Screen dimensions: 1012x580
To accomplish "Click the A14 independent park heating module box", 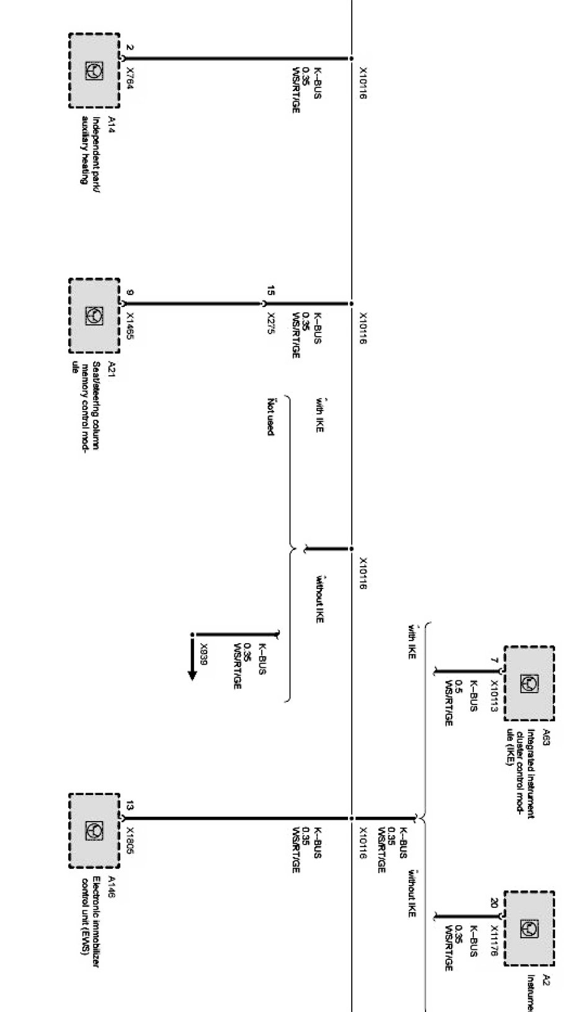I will [x=94, y=71].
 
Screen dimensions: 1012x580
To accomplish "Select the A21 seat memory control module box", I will [x=94, y=316].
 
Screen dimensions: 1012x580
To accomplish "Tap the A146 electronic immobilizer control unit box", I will [x=94, y=830].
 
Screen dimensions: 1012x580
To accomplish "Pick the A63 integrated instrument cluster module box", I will [x=529, y=683].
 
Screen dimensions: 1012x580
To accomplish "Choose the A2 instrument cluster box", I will [x=529, y=928].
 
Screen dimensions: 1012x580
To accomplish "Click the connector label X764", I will [x=130, y=79].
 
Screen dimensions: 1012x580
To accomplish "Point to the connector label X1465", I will [x=130, y=326].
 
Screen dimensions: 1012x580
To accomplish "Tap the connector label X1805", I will [x=130, y=841].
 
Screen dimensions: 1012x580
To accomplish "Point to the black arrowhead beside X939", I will [x=192, y=674].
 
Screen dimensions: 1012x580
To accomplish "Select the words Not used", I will [x=270, y=416].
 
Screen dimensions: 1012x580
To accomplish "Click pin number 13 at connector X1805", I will [x=130, y=806].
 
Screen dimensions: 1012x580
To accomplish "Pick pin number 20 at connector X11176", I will [x=494, y=903].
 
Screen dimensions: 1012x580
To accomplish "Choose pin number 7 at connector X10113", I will [x=494, y=662].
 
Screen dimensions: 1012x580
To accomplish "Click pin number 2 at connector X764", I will [x=130, y=47].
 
